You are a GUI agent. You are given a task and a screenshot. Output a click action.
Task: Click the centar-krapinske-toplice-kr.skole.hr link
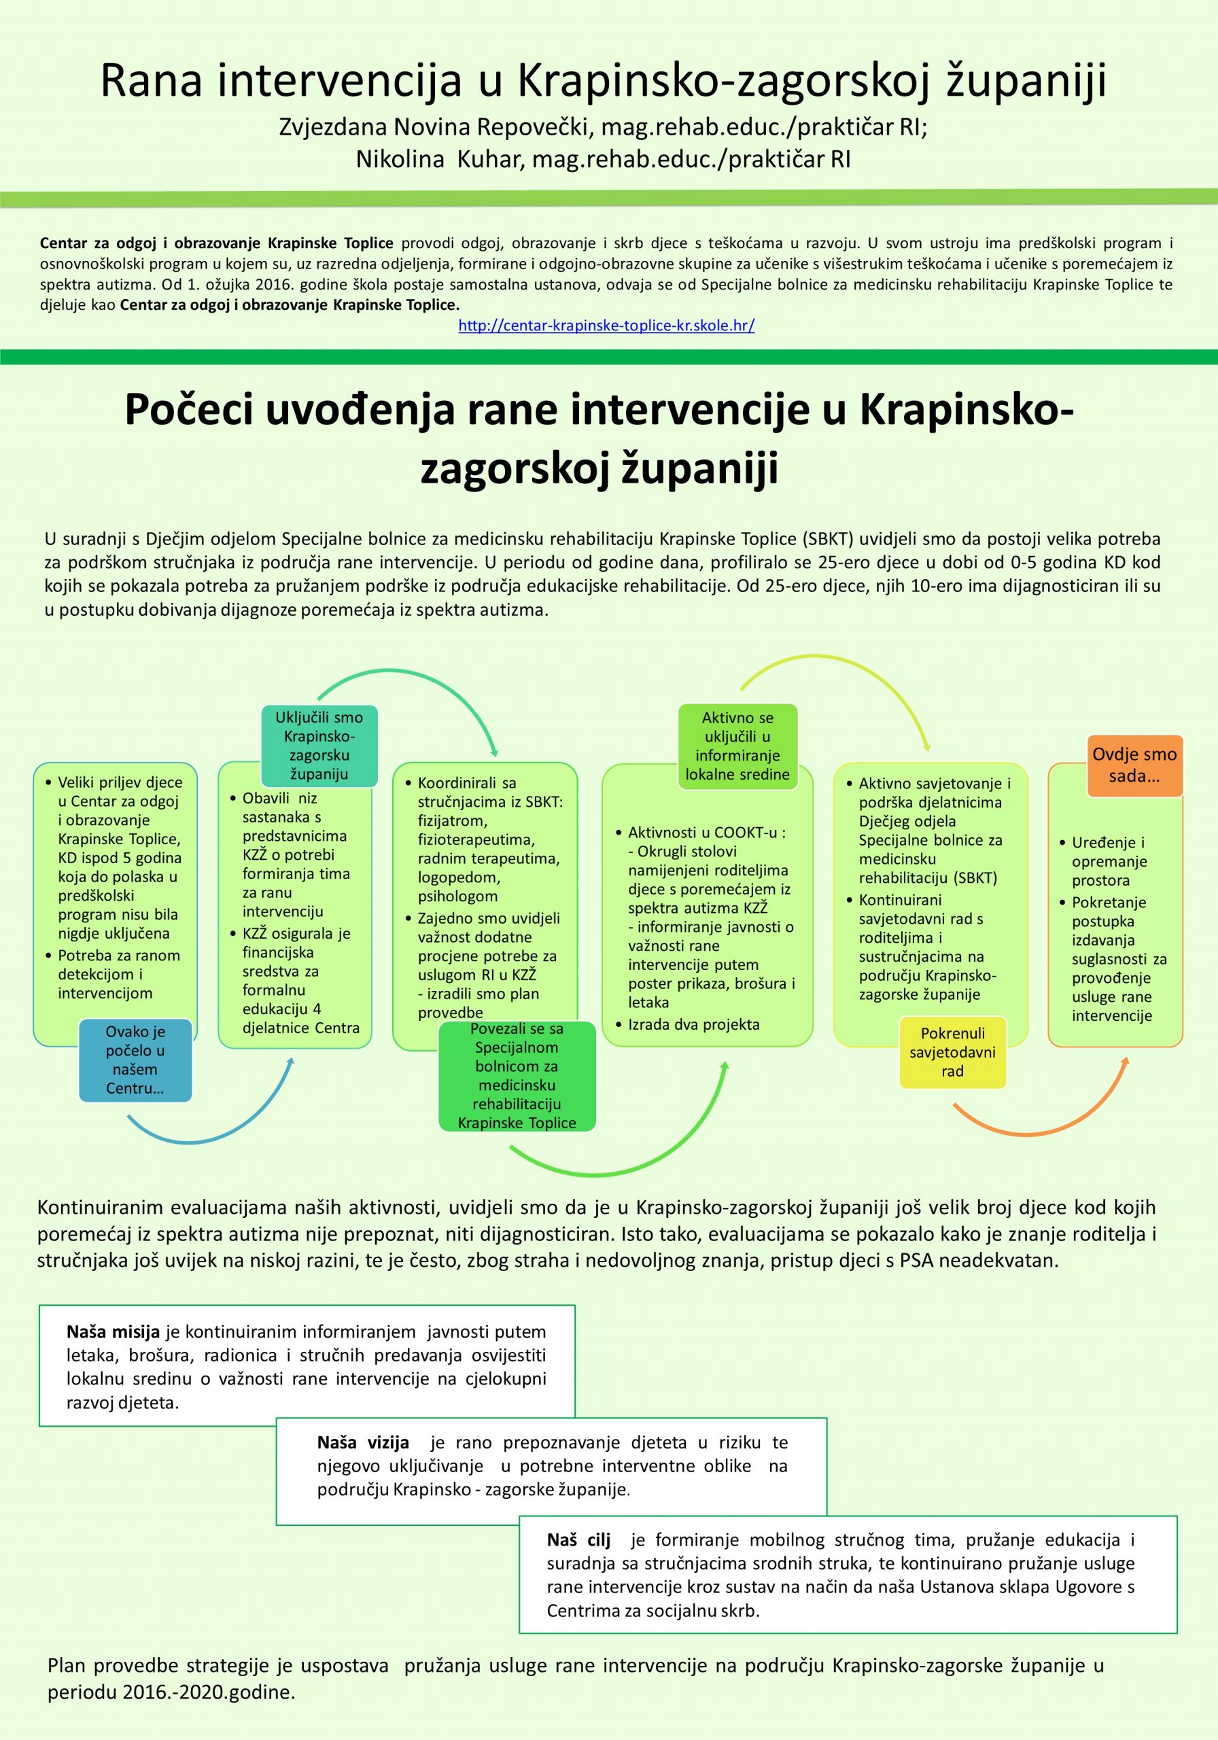(x=606, y=326)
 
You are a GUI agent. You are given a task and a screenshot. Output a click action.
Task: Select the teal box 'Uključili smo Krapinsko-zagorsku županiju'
(x=318, y=746)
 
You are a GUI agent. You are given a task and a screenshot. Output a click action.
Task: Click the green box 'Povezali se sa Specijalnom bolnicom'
(x=517, y=1075)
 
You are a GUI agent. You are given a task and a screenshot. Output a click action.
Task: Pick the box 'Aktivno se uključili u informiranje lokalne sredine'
(x=737, y=746)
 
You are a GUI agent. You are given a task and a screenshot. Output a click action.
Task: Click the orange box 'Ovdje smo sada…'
(x=1134, y=765)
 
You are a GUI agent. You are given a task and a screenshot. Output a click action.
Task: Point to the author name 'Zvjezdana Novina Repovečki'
(x=436, y=126)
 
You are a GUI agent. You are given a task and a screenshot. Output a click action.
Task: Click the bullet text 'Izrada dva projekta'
(x=693, y=1024)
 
